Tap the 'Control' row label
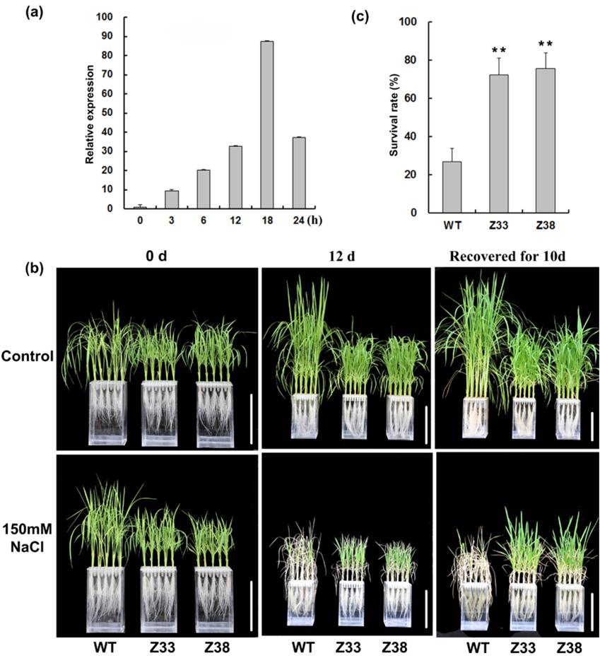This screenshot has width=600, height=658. point(29,356)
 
